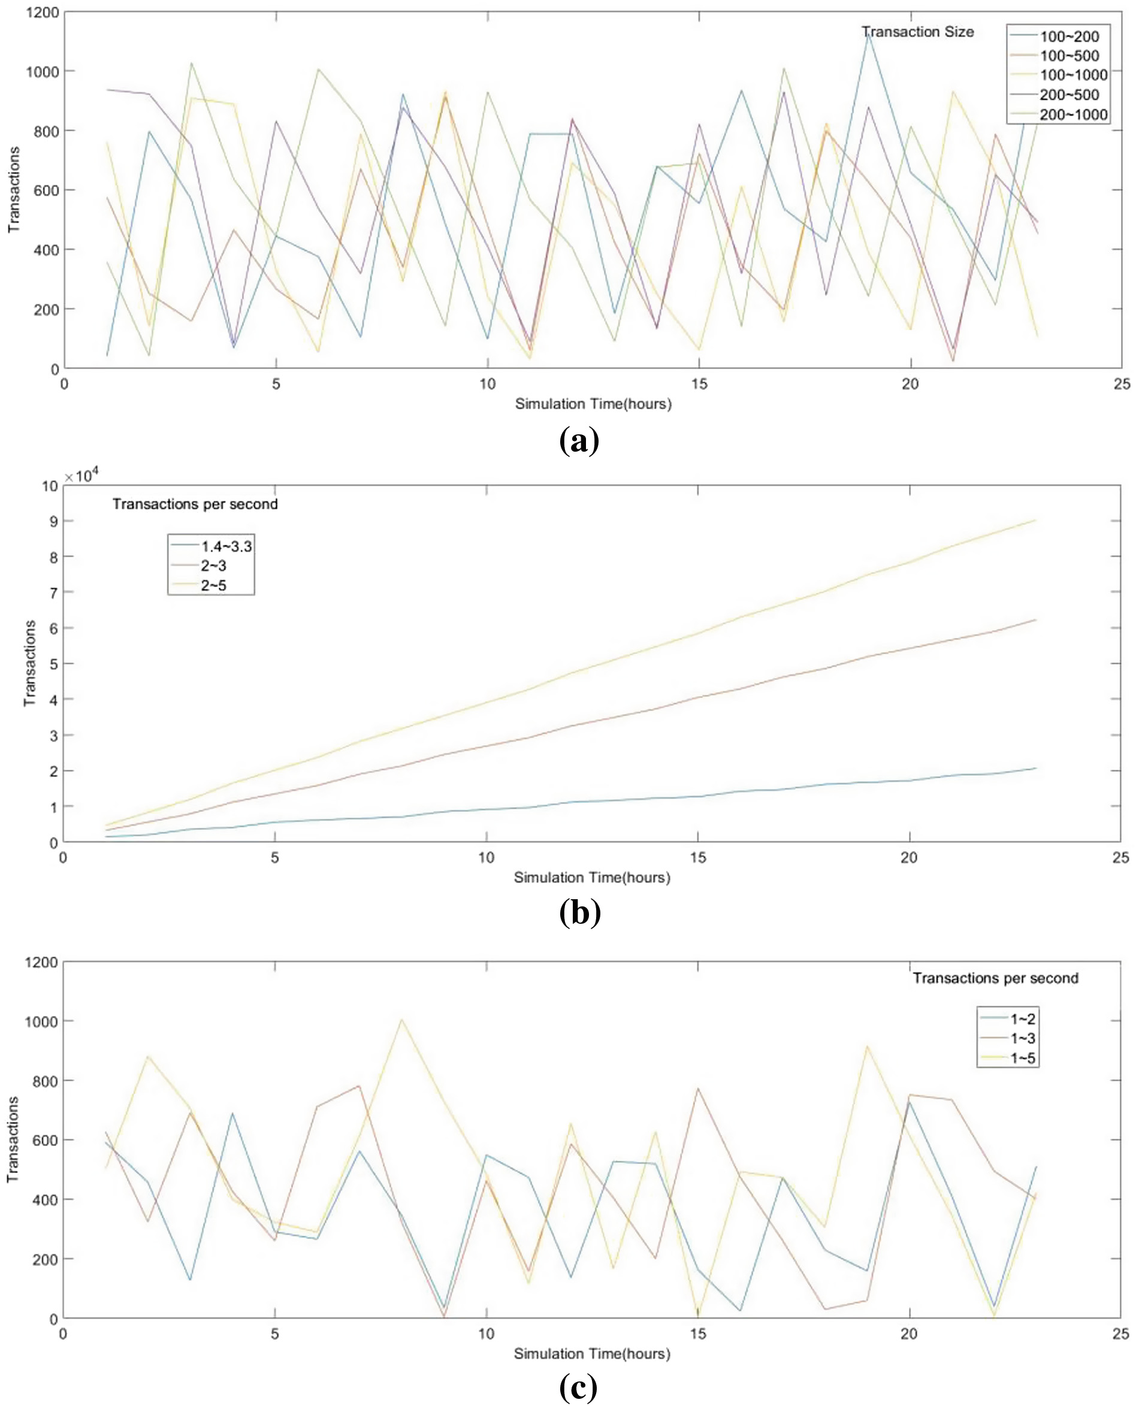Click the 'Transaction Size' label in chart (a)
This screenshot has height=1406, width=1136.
click(917, 32)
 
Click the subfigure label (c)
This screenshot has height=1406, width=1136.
click(578, 1384)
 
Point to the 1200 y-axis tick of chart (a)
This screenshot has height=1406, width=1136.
click(43, 13)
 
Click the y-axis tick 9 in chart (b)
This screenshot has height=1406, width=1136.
click(50, 521)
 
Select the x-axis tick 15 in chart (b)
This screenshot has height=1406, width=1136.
click(697, 858)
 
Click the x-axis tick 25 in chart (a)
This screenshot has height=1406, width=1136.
click(1122, 385)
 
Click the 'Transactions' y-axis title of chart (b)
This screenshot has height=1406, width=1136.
click(30, 663)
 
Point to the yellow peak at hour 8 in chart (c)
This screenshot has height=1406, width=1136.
click(401, 1020)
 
